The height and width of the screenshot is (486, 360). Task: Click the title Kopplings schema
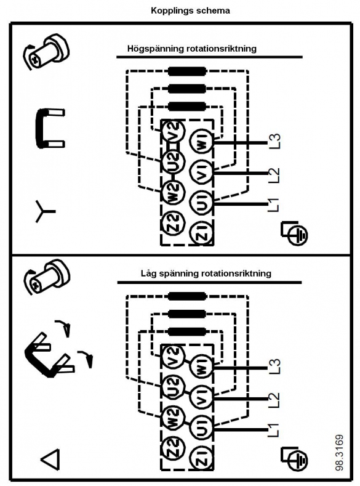pos(190,11)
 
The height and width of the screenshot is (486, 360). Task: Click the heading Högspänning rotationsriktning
pos(192,49)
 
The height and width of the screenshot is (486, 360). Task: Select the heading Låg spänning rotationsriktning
pos(206,273)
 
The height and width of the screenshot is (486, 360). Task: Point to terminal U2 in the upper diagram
pos(174,161)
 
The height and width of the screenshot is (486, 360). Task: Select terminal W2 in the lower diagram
pos(174,417)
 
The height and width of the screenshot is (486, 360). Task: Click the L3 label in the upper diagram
pos(274,141)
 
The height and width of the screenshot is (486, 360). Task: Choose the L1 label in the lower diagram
pos(274,430)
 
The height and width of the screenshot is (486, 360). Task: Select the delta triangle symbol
pos(50,459)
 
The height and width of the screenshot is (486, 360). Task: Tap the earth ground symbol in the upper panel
pos(294,233)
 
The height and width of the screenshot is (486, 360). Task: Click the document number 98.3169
pos(340,453)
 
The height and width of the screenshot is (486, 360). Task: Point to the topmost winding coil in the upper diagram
pos(187,71)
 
